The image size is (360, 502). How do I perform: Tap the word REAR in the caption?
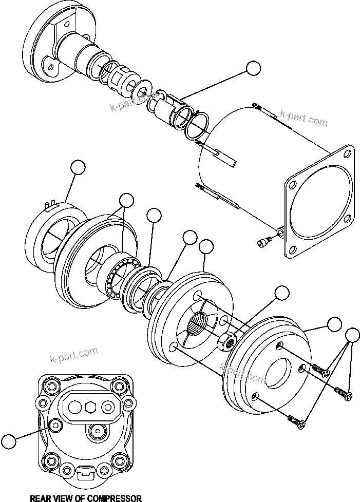pyautogui.click(x=41, y=497)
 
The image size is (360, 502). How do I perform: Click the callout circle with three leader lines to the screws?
pyautogui.click(x=352, y=335)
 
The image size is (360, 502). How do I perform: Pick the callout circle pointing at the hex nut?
pyautogui.click(x=282, y=293)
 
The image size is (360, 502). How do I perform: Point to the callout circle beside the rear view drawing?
pyautogui.click(x=8, y=441)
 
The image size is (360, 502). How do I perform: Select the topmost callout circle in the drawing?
pyautogui.click(x=253, y=69)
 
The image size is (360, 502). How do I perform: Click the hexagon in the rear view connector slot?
pyautogui.click(x=91, y=407)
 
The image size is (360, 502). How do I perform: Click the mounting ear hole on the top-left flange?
pyautogui.click(x=50, y=65)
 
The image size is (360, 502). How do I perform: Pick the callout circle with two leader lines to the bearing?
pyautogui.click(x=126, y=200)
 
